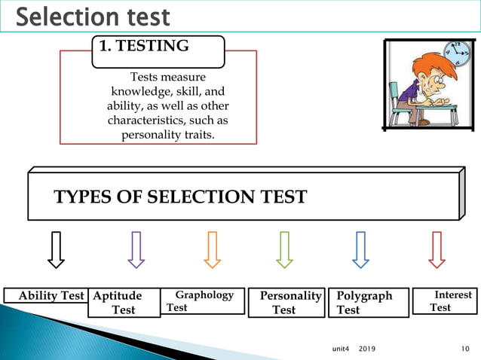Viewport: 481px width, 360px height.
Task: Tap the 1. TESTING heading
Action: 144,46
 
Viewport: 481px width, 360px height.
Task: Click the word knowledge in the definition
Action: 138,91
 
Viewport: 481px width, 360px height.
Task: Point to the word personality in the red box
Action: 154,135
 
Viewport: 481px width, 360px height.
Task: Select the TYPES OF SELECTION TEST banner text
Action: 180,197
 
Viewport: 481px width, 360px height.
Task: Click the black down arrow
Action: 56,249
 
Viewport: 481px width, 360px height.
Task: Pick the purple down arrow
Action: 136,249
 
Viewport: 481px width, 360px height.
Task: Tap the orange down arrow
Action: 212,249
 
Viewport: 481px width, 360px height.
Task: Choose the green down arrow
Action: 284,249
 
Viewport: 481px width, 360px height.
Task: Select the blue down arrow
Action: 360,249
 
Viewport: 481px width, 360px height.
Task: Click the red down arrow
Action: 437,249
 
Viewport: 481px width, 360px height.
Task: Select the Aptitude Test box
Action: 125,302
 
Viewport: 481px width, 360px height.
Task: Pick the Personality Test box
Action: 290,302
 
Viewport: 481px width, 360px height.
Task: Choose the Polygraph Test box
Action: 369,302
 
